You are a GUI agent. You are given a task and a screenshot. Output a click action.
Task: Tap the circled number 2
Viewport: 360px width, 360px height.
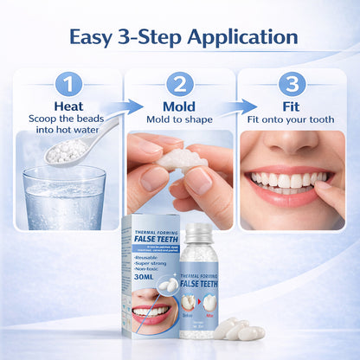click(179, 84)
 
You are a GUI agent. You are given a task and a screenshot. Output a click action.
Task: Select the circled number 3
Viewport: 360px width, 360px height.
click(292, 84)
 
